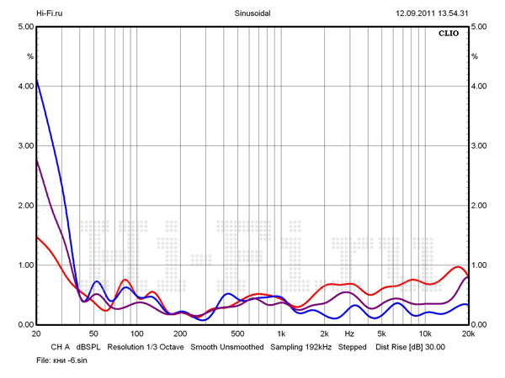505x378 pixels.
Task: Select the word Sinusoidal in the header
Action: pos(252,13)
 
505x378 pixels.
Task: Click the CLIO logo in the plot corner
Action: pos(449,34)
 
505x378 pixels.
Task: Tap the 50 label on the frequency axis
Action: pos(93,333)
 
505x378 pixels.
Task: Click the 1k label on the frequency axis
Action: pos(279,333)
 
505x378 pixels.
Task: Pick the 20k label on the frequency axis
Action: pos(469,333)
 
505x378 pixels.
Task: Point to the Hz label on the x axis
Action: pos(349,333)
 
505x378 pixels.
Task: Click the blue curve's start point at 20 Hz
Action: pos(37,80)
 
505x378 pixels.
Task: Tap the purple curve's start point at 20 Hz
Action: pos(37,160)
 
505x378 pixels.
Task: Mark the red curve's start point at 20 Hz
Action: pos(37,237)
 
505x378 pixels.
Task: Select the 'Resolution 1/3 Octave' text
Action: pos(146,346)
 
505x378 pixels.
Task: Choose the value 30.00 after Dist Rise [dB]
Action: pos(434,346)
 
